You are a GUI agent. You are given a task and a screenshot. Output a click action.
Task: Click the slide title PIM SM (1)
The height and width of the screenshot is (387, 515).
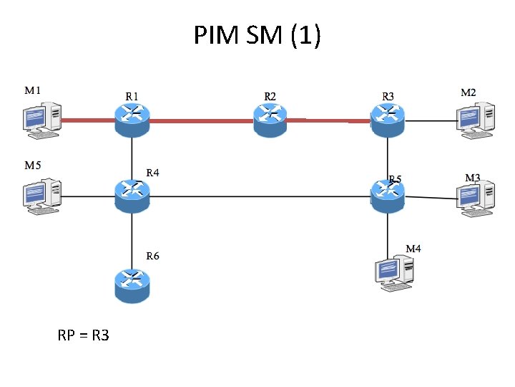tap(257, 34)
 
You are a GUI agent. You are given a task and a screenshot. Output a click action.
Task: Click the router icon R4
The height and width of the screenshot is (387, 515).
tap(132, 193)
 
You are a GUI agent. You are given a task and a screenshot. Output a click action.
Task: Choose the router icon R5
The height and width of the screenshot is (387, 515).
tap(388, 193)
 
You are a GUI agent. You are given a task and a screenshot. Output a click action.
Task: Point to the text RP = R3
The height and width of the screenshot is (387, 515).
tap(84, 335)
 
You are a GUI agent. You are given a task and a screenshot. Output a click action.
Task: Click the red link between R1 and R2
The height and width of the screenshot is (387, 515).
tap(200, 121)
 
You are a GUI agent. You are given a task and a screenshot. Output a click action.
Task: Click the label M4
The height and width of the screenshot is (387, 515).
tap(413, 249)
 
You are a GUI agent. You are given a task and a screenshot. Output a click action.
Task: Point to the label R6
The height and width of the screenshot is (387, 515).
tap(153, 256)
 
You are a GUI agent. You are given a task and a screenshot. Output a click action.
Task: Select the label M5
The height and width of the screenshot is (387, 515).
tap(33, 165)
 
